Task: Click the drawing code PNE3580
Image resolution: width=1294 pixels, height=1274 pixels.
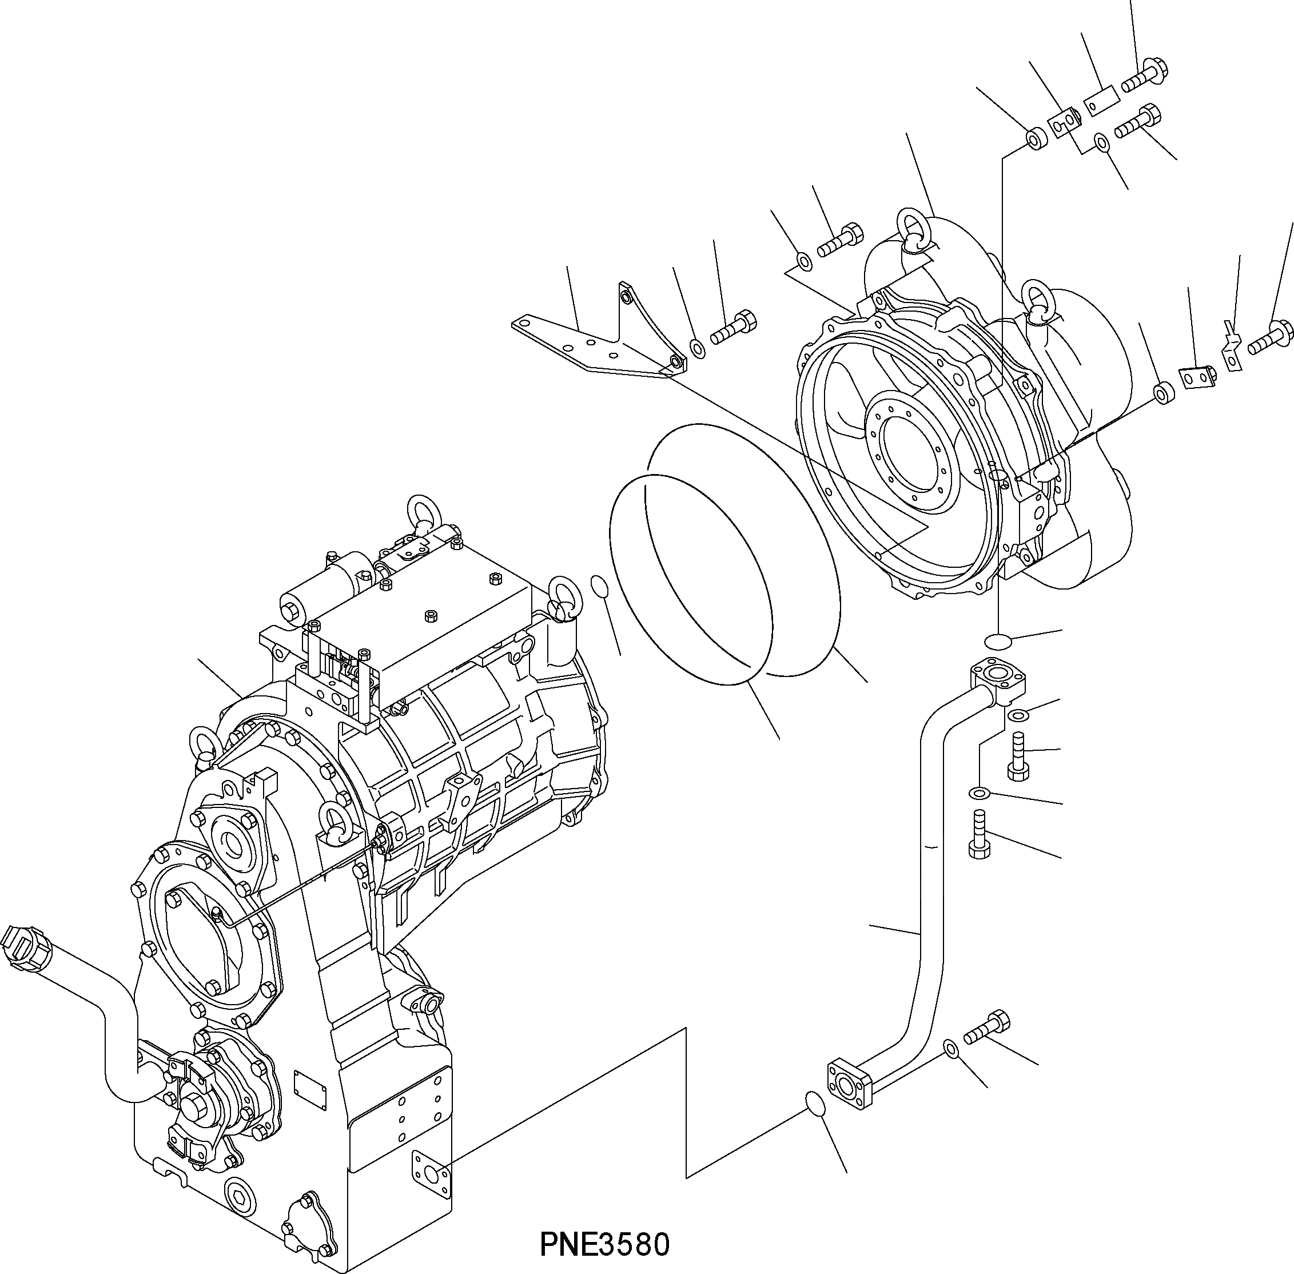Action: [x=604, y=1245]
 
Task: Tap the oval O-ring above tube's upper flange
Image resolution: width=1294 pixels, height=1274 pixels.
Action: [x=998, y=641]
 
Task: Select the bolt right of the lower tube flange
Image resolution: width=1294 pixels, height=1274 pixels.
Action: [x=986, y=1029]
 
